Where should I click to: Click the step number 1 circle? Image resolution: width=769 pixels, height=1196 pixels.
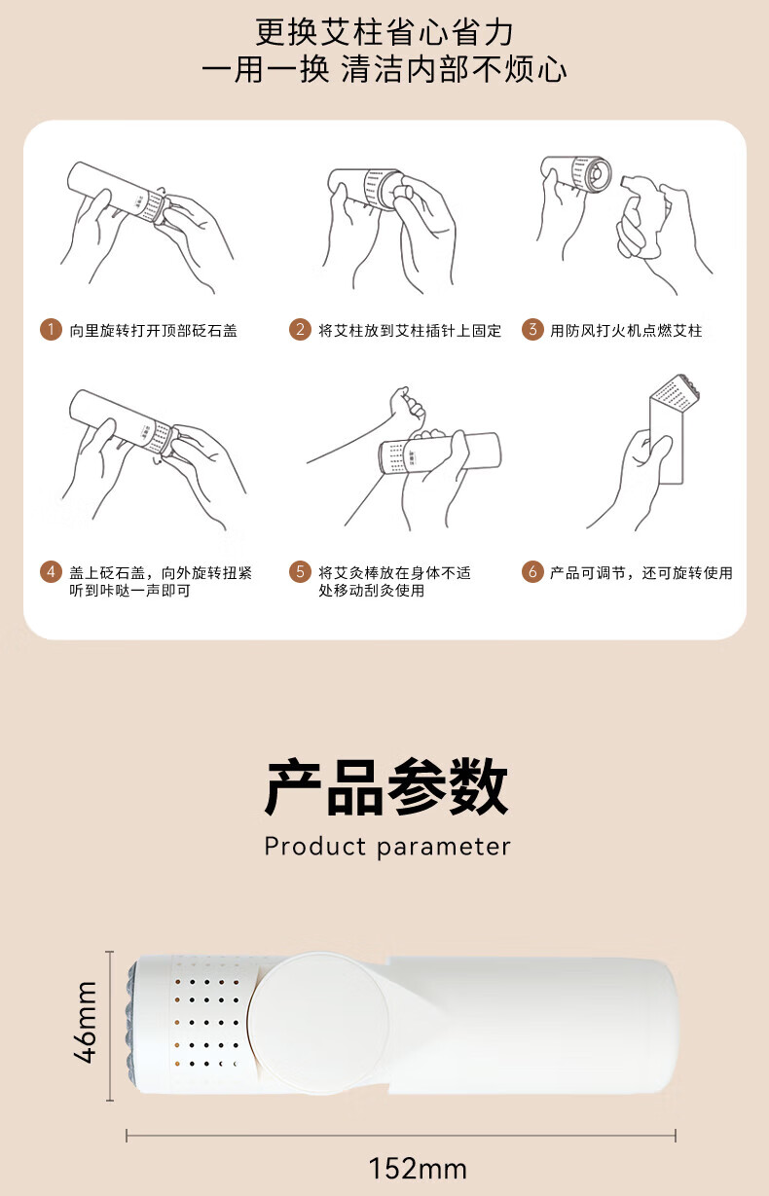(x=51, y=330)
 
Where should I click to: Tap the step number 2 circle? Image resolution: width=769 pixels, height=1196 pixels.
(x=300, y=330)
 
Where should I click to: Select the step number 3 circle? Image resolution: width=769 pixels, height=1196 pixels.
(x=532, y=330)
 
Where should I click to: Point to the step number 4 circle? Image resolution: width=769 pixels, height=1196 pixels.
(x=51, y=572)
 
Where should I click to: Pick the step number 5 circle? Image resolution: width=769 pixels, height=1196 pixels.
(x=300, y=572)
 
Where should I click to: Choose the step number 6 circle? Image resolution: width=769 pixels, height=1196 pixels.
(x=532, y=572)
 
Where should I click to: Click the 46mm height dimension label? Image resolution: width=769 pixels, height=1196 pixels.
(x=86, y=1022)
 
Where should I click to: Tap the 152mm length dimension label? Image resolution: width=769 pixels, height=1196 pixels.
(x=418, y=1168)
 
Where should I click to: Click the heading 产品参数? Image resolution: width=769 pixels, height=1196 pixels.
(x=385, y=787)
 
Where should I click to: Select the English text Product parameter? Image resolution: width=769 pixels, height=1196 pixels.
(x=387, y=847)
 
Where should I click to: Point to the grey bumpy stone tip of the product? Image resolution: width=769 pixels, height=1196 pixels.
(x=132, y=1022)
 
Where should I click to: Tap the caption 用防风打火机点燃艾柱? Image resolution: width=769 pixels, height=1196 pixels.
(x=626, y=331)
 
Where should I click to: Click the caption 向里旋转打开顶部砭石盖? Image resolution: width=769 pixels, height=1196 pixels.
(x=153, y=331)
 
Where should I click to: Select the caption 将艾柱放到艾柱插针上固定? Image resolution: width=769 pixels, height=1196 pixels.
(x=410, y=331)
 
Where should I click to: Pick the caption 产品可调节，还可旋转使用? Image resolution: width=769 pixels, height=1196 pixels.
(x=641, y=573)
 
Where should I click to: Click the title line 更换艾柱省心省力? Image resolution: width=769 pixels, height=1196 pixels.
(x=384, y=32)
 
